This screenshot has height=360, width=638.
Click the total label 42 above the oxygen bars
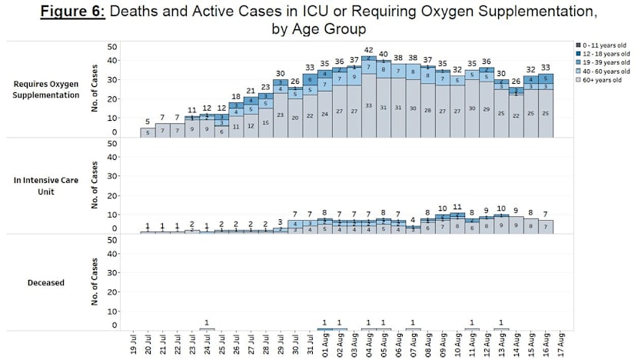(x=368, y=50)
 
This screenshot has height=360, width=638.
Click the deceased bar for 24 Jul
(x=206, y=329)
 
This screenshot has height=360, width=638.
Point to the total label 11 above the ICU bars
(x=457, y=207)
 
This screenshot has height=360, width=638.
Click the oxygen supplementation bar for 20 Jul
(x=147, y=132)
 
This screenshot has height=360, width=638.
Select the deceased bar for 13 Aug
(x=501, y=329)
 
